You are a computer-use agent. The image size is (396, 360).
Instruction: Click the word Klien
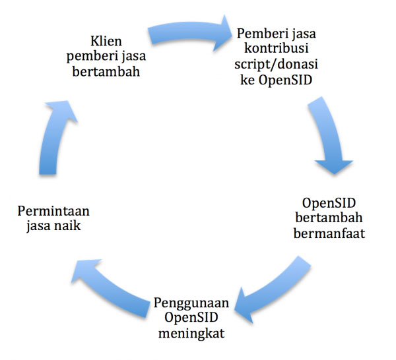coord(106,42)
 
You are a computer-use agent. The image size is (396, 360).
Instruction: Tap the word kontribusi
coord(277,48)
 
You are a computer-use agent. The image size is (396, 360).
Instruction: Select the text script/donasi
coord(276,64)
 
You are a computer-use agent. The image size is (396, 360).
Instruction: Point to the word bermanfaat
coord(329,233)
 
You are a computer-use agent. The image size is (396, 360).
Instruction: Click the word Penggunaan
coord(191,303)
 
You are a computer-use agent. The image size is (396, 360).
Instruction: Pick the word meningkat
coord(191,334)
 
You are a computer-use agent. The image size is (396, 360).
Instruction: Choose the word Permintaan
coord(53,211)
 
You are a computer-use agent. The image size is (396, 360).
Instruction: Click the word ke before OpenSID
coord(247,80)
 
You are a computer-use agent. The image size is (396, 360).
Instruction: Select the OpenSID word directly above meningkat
coord(191,318)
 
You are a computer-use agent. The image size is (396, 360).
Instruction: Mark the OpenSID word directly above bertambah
coord(329,203)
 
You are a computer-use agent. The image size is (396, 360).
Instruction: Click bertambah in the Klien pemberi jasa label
coord(106,71)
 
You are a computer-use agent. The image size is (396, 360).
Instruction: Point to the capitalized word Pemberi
coord(256,33)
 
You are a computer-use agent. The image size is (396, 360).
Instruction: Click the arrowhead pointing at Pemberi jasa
coord(222,34)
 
